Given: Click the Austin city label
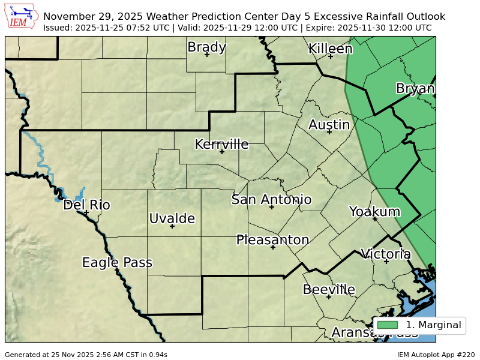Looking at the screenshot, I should [329, 125].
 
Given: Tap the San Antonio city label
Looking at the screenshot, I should [271, 200].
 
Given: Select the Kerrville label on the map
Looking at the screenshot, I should [221, 144].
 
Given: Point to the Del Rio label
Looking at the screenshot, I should [86, 205].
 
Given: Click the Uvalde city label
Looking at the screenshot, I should [172, 218].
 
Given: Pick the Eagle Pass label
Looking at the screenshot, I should [117, 263].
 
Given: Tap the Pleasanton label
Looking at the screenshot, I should [272, 240].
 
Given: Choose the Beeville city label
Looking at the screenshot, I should [329, 290].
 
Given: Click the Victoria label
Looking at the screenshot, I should [385, 254].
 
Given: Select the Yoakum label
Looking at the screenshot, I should [374, 212].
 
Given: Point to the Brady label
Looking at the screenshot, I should [206, 47].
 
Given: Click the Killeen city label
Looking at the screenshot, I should [330, 49].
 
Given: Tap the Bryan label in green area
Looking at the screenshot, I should [415, 89].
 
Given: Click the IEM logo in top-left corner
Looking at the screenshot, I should [22, 16].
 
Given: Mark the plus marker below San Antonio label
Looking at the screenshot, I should [271, 207].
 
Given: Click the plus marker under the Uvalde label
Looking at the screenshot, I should [172, 226].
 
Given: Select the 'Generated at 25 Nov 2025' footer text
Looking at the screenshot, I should [86, 355].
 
